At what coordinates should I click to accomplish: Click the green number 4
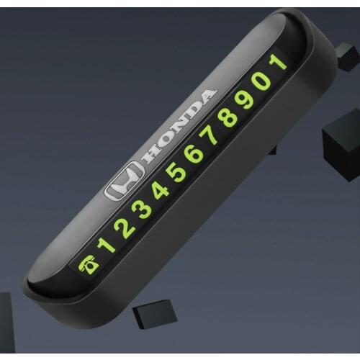161,190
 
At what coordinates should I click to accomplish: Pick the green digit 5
178,171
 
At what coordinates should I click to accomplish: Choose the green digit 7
212,135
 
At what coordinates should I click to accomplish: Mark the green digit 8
229,117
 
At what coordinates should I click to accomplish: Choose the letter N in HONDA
177,128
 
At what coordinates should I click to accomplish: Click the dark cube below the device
156,315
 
